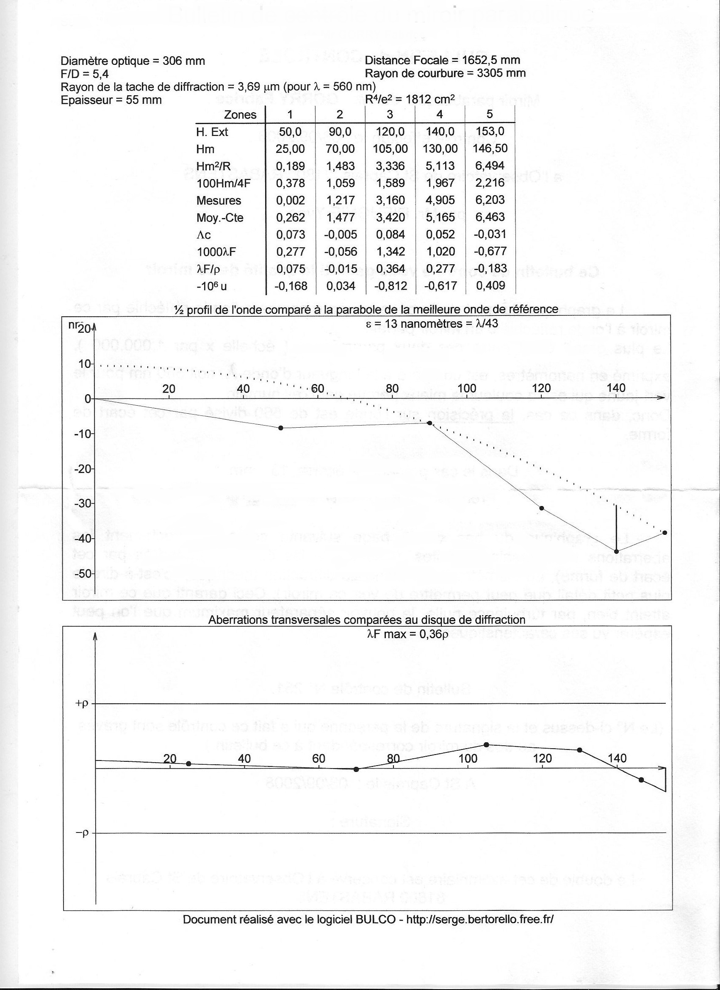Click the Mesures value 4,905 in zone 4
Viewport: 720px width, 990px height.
point(440,200)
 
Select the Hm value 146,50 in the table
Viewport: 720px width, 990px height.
point(490,148)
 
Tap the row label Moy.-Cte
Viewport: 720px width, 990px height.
point(220,217)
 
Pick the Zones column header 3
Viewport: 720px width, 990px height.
point(390,114)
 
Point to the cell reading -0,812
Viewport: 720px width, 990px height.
point(390,286)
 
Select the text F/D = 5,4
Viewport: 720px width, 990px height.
point(85,74)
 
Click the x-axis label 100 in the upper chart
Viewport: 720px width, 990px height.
point(467,388)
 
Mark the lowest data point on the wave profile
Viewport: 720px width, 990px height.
point(616,551)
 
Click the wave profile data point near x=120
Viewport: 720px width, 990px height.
point(542,508)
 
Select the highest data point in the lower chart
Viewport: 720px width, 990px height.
point(486,745)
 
